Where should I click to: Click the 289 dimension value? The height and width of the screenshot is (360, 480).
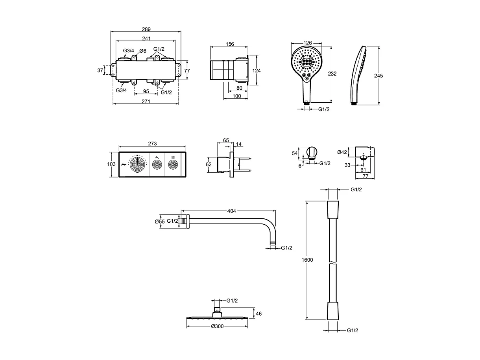coord(146,29)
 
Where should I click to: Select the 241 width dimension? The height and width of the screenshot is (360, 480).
coord(146,38)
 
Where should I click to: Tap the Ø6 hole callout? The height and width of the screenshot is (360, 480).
coord(142,51)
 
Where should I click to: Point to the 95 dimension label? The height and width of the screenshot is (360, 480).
coord(146,92)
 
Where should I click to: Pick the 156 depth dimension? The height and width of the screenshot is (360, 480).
coord(230,44)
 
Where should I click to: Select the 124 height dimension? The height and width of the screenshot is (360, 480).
coord(257,70)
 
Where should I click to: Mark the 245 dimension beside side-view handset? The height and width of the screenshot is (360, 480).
coord(379,76)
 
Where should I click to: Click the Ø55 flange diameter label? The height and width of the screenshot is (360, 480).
coord(159,222)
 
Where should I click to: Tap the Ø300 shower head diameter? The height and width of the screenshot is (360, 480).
coord(218,326)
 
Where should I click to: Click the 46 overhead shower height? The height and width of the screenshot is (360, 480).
coord(259,314)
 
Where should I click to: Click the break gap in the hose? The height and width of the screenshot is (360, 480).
coord(333,263)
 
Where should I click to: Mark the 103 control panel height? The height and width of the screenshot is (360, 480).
coord(112,164)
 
